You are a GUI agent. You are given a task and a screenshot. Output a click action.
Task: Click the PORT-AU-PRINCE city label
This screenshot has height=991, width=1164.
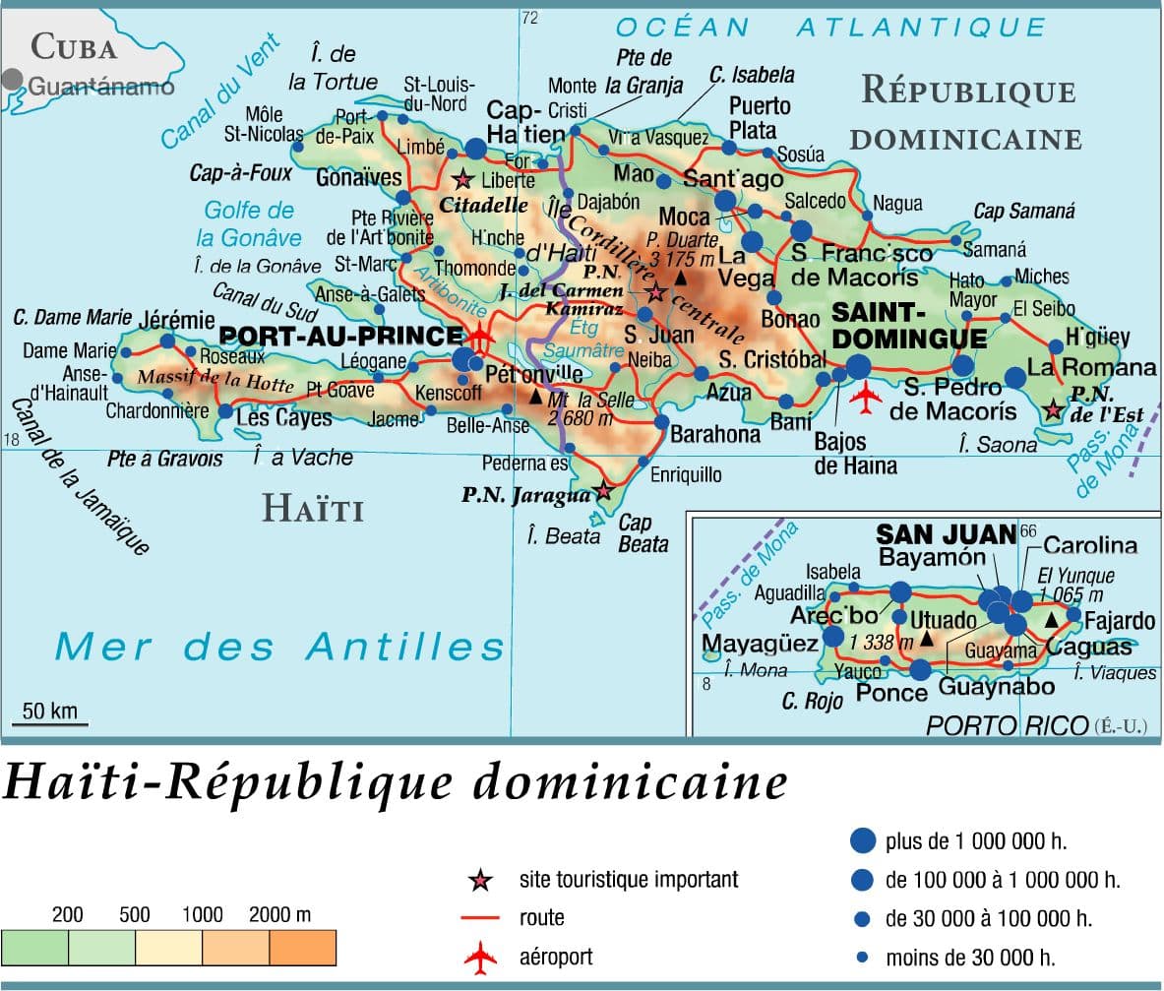(x=340, y=337)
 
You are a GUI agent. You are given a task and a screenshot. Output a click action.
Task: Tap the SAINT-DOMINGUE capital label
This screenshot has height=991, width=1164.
(x=908, y=326)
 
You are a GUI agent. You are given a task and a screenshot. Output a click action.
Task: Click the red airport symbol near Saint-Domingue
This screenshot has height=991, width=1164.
(x=866, y=399)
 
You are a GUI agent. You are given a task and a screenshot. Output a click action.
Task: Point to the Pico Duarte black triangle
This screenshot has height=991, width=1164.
(x=679, y=279)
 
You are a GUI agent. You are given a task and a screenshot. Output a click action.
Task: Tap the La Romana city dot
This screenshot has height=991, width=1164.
(x=1014, y=377)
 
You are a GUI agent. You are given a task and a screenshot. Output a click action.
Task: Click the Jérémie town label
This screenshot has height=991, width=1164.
(x=176, y=320)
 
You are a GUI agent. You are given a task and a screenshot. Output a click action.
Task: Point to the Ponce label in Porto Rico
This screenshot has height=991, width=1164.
(x=891, y=693)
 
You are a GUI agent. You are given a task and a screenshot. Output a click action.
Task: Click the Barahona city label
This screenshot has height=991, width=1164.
(x=715, y=434)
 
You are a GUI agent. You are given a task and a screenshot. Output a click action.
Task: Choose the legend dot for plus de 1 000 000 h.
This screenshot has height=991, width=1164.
(x=862, y=840)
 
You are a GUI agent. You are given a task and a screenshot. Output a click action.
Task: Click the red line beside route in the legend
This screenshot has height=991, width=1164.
(x=480, y=918)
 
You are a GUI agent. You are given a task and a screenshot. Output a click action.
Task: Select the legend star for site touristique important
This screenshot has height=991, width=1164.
(x=480, y=880)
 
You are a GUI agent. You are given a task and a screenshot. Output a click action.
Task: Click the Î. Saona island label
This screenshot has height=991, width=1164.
(x=997, y=445)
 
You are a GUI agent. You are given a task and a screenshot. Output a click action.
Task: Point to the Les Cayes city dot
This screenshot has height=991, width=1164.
(x=225, y=411)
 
